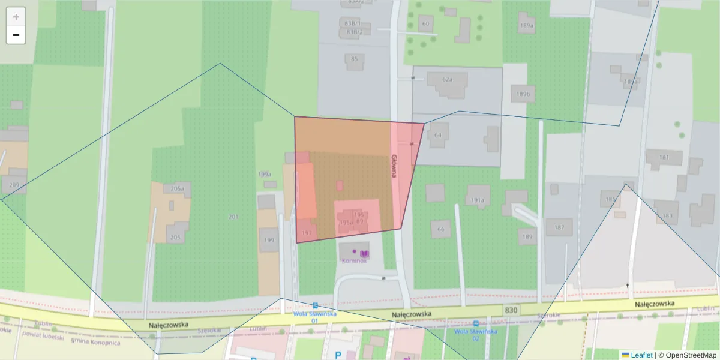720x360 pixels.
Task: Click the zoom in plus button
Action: pos(16,16)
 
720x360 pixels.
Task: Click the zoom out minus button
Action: pos(16,35)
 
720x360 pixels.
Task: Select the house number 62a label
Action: pos(447,79)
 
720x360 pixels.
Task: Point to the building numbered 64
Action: pos(438,135)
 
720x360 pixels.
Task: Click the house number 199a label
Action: pos(265,174)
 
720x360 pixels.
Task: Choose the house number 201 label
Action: pos(233,217)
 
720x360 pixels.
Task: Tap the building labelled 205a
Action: pos(176,188)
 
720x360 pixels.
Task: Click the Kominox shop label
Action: pos(354,261)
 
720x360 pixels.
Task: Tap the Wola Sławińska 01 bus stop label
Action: pos(314,317)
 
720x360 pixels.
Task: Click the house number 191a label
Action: pos(478,200)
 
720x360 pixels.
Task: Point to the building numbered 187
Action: pos(559,227)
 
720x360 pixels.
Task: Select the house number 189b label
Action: pos(523,95)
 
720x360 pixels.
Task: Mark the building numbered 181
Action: pos(664,158)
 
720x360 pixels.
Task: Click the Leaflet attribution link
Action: pos(641,355)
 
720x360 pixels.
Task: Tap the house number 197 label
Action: pos(307,232)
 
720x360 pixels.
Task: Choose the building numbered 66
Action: pos(441,229)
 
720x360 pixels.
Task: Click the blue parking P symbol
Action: pos(338,355)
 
